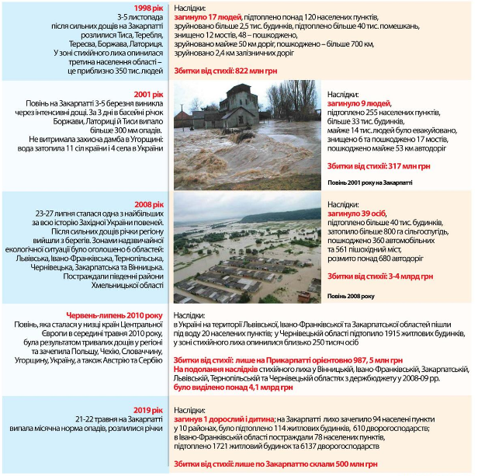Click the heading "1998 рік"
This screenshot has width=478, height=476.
[147, 8]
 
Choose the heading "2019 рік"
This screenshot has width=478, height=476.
[147, 410]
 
